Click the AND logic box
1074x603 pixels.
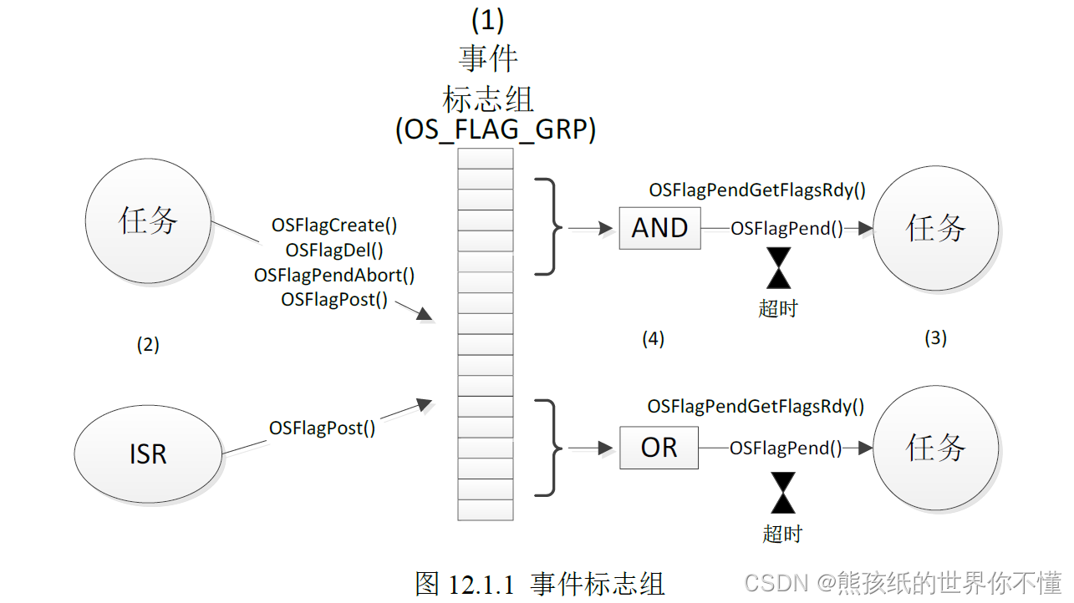click(x=659, y=228)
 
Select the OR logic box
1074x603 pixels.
click(x=659, y=448)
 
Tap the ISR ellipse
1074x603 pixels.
click(x=148, y=454)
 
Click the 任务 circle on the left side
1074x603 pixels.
click(x=149, y=221)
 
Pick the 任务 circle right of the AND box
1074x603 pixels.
click(x=935, y=227)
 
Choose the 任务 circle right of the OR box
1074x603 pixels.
click(x=935, y=448)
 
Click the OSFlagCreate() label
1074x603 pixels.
click(x=334, y=225)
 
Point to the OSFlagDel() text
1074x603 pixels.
click(x=334, y=250)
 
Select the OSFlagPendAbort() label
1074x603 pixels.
click(x=334, y=275)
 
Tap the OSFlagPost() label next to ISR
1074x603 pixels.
click(x=322, y=428)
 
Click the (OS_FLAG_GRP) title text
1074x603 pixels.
click(x=495, y=131)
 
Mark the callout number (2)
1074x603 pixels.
click(x=148, y=344)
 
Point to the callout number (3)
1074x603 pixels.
click(x=935, y=337)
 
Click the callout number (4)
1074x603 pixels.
click(x=653, y=338)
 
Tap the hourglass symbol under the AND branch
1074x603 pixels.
click(x=779, y=268)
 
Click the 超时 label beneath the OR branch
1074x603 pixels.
click(x=782, y=533)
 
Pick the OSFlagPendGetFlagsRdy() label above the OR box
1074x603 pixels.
click(x=756, y=407)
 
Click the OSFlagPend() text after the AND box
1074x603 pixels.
click(x=786, y=228)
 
